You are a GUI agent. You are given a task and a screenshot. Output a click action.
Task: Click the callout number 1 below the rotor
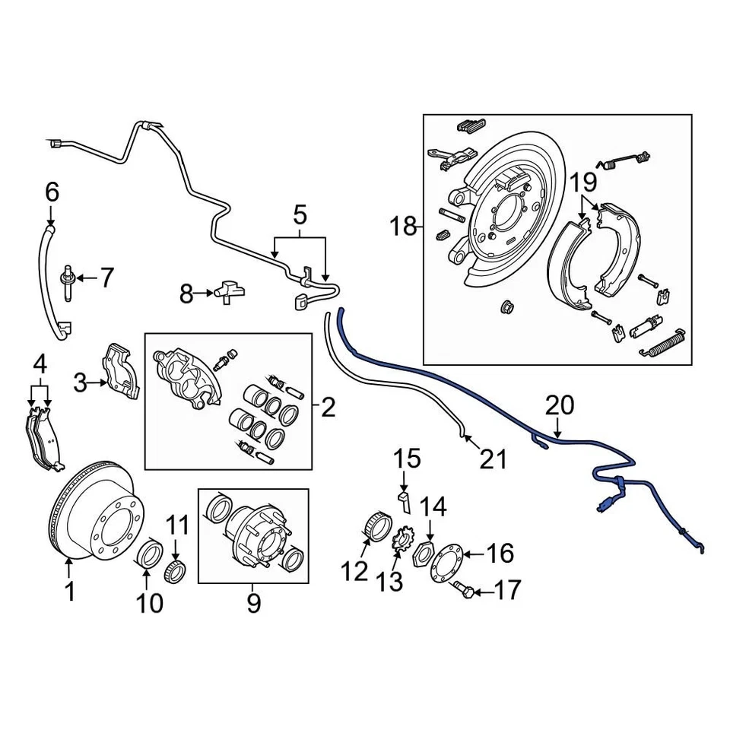click(x=70, y=591)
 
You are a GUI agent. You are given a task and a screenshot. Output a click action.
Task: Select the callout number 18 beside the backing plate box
click(x=405, y=226)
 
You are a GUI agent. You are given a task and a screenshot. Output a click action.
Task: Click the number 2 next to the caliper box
click(x=328, y=408)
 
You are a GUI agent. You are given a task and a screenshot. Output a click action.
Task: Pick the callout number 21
click(x=493, y=459)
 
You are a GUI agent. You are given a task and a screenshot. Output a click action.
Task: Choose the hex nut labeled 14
click(x=423, y=555)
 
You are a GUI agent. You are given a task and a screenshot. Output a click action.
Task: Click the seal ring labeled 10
click(x=151, y=554)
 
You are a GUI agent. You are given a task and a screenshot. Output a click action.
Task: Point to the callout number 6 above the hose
click(x=52, y=192)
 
